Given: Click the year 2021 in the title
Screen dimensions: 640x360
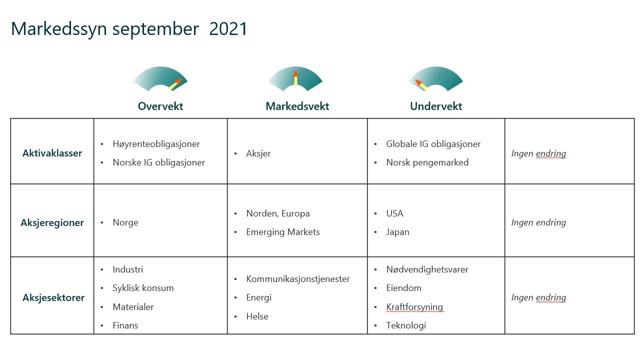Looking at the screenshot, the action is click(x=228, y=29).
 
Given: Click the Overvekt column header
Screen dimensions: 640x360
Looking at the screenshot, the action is click(x=160, y=106).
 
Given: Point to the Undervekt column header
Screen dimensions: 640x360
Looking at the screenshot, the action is click(x=436, y=106).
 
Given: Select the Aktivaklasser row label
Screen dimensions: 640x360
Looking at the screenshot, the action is click(x=52, y=153).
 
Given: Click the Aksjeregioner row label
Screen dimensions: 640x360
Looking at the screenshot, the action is click(x=52, y=222).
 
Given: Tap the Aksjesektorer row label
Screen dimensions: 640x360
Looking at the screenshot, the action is click(x=53, y=297).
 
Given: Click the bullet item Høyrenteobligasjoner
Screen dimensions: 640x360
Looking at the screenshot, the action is click(x=156, y=144).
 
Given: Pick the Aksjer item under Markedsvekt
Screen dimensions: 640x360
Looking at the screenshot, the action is click(x=258, y=153).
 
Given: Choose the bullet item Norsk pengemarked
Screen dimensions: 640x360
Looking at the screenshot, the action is click(x=427, y=162).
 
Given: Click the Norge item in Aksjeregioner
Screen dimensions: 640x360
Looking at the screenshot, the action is click(x=125, y=222).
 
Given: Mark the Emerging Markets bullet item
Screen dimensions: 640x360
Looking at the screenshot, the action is click(x=283, y=232).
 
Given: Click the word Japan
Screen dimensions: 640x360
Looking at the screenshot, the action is click(x=397, y=232).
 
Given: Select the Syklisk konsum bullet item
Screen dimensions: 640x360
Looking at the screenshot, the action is click(x=143, y=288).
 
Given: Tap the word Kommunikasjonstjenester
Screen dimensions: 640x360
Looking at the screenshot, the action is click(x=298, y=279).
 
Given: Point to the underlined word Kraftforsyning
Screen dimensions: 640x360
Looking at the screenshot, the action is click(x=414, y=307).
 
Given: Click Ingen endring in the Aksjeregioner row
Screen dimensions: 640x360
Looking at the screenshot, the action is click(x=538, y=222).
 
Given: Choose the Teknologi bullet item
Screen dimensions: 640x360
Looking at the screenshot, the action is click(x=406, y=325).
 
